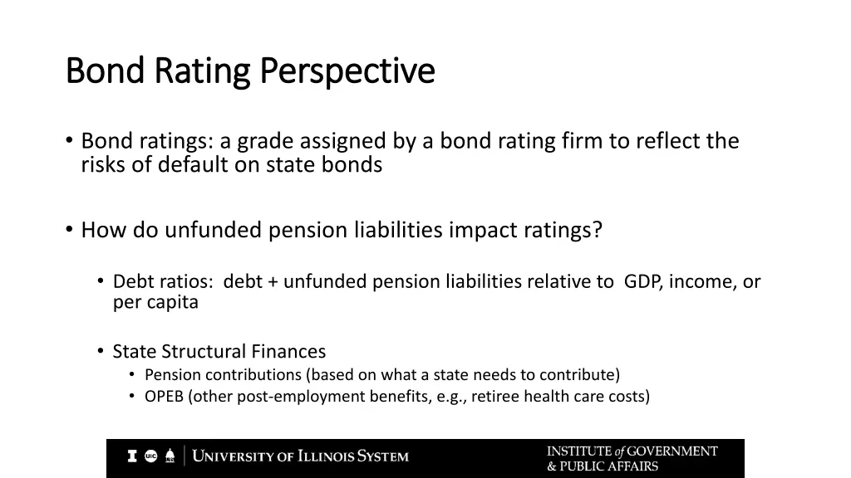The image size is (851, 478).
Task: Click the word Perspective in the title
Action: [x=347, y=71]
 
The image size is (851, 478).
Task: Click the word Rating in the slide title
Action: [x=204, y=71]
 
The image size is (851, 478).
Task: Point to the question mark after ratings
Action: [x=597, y=230]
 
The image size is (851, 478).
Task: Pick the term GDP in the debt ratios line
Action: [x=643, y=281]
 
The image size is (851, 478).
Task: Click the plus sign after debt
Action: [x=273, y=282]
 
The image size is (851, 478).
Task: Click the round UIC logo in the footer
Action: [x=150, y=456]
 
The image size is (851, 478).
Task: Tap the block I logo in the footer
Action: [x=132, y=456]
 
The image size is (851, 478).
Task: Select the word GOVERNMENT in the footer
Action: [x=672, y=451]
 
